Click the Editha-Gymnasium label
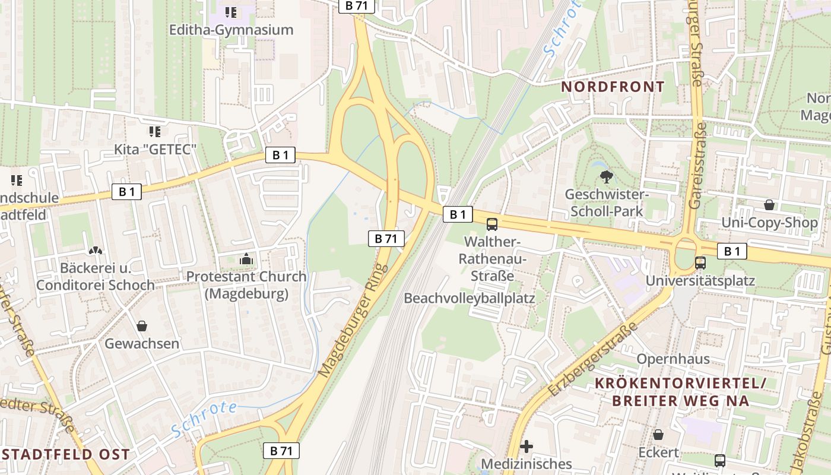click(231, 30)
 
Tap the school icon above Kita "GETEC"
click(155, 131)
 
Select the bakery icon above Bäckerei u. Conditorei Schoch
click(95, 251)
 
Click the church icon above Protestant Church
click(246, 259)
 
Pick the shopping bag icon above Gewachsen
click(142, 326)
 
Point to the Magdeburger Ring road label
click(353, 321)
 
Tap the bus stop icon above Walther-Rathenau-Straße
click(491, 224)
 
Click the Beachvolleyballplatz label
click(470, 298)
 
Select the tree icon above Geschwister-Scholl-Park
click(606, 176)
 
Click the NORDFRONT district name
click(613, 87)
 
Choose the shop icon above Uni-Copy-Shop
click(769, 205)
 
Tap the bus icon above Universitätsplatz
click(700, 262)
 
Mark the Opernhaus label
click(673, 359)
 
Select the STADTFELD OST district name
click(65, 455)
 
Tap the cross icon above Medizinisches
click(526, 446)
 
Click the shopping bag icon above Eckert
click(658, 435)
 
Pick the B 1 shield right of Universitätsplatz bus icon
click(732, 252)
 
